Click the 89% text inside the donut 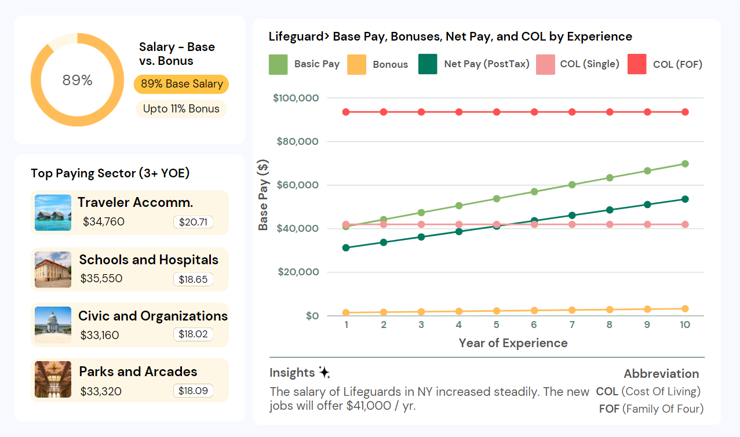(77, 80)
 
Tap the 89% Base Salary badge (181, 84)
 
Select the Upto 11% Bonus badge (181, 109)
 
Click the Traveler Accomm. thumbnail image (53, 213)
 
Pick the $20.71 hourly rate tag (193, 221)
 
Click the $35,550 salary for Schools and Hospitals (101, 278)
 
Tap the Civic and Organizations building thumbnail (53, 325)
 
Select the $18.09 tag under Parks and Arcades (193, 391)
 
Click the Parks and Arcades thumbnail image (53, 380)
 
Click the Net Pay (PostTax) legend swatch (428, 64)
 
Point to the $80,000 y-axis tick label (298, 141)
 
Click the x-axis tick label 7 (572, 325)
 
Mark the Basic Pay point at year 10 (685, 164)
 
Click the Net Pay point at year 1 (346, 247)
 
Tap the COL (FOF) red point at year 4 (459, 112)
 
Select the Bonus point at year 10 (685, 309)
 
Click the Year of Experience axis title (513, 343)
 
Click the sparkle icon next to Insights (324, 373)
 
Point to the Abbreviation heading (661, 374)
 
